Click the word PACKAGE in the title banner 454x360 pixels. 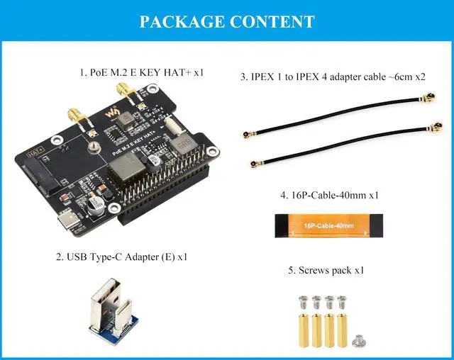point(181,21)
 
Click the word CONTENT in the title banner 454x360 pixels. point(272,21)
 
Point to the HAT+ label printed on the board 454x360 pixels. point(36,152)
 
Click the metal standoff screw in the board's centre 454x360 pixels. point(93,148)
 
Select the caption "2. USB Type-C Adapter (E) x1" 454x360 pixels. point(121,256)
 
